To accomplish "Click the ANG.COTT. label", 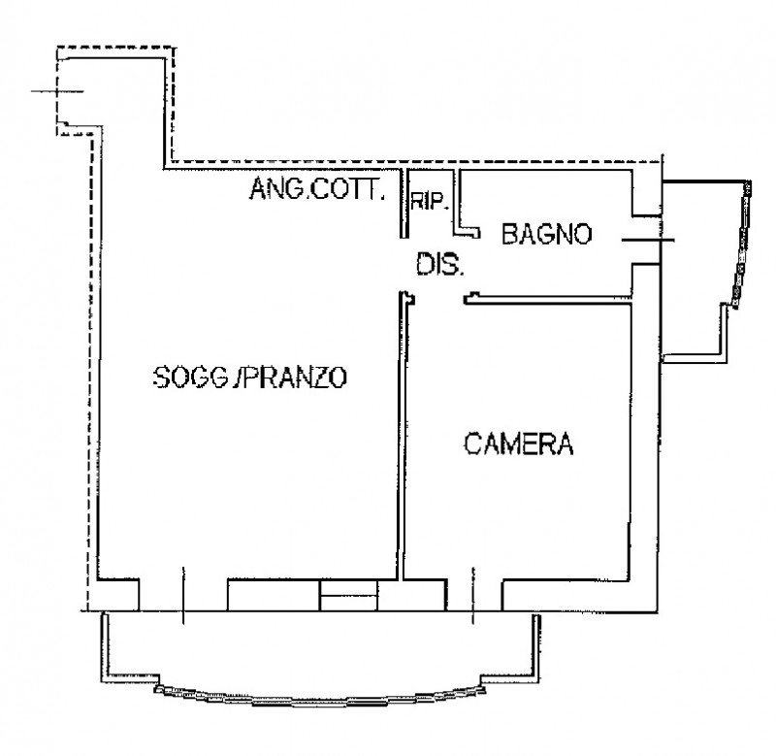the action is (317, 188).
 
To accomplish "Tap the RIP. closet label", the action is (430, 202).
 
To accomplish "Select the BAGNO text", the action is (546, 234).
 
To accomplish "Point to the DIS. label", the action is (440, 264).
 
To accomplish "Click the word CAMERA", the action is (519, 444).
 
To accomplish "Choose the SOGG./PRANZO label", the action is (250, 378).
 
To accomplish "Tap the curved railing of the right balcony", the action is (742, 244).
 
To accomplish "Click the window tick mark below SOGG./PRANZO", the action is (183, 596).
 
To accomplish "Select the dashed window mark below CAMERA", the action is (472, 596).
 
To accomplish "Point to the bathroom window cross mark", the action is (648, 240).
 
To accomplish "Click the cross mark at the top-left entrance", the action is (57, 91).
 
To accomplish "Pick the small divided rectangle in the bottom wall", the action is (349, 596).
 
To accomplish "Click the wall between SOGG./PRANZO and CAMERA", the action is (401, 436).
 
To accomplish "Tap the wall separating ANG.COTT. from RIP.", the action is (404, 204).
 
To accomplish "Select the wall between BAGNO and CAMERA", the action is (548, 300).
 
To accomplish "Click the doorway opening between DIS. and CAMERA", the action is (439, 298).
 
